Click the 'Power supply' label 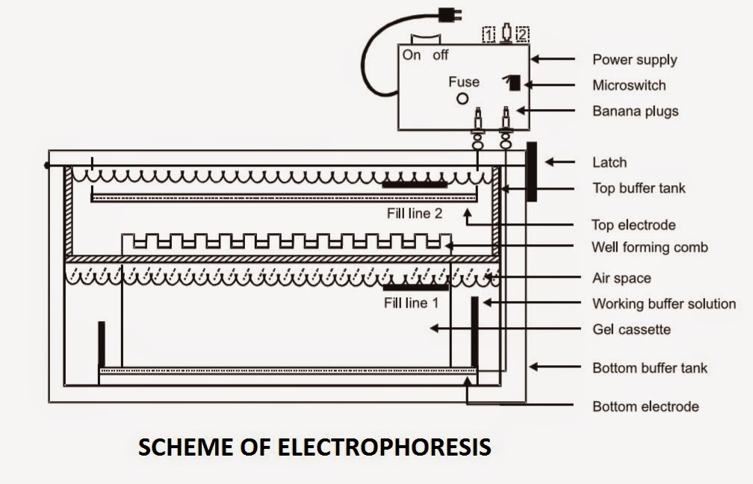(634, 60)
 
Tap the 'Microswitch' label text (629, 85)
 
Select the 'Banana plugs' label (635, 111)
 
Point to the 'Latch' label (610, 162)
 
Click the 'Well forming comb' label (649, 246)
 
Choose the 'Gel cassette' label (631, 329)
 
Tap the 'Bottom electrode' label (645, 406)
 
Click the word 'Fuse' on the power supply (464, 81)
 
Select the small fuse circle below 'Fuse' (462, 99)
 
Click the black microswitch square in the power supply (514, 83)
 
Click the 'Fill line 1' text (416, 303)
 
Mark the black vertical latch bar (531, 171)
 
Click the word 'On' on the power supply (412, 55)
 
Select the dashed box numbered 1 (489, 34)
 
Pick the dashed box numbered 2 (522, 34)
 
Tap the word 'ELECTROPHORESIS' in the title (384, 447)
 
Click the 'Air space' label (622, 279)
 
